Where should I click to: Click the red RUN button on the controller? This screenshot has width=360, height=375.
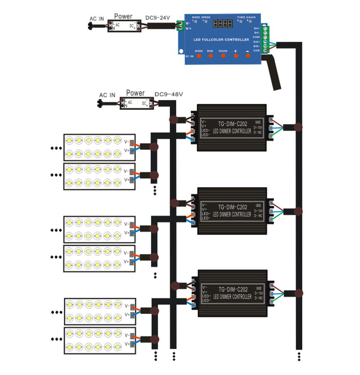210,56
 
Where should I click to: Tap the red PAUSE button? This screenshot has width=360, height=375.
223,56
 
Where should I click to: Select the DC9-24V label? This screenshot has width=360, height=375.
158,18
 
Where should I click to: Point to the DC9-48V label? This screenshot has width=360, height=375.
169,95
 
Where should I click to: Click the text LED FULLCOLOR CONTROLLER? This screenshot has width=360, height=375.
221,40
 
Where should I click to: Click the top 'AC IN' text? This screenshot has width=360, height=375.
97,19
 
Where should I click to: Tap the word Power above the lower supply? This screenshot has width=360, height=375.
135,93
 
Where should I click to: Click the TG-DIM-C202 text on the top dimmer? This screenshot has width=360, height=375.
232,124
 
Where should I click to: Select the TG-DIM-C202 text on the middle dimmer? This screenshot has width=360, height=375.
232,207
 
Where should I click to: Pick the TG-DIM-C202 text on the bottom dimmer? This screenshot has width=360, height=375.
232,289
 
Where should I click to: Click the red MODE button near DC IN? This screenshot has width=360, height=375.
199,56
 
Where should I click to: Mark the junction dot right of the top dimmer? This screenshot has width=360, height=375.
297,127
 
